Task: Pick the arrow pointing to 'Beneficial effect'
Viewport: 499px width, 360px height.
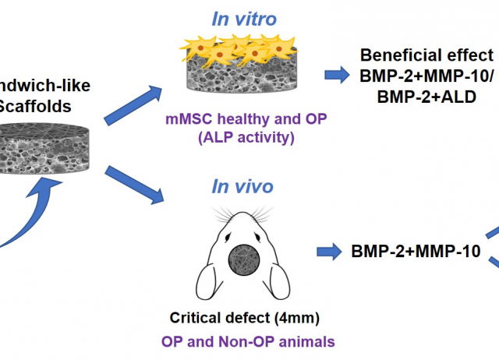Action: click(x=336, y=75)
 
